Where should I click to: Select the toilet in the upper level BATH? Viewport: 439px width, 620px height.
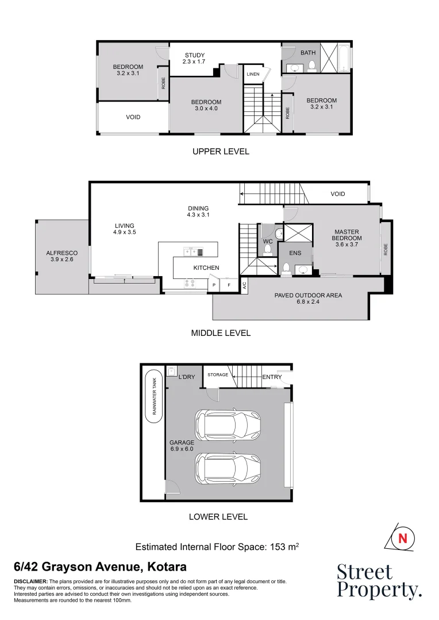[x=311, y=67]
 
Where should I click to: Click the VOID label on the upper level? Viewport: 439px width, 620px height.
[x=133, y=117]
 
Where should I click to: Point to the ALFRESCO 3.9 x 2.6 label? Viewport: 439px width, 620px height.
[x=61, y=256]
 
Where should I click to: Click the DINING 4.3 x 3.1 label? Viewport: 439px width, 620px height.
[x=198, y=211]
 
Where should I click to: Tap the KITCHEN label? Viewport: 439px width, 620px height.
[x=206, y=268]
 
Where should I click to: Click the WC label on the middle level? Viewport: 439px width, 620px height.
[x=268, y=242]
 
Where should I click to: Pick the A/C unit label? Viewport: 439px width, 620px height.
[x=244, y=284]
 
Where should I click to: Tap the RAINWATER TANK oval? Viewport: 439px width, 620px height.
[x=154, y=397]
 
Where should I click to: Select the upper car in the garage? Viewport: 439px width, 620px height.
[x=228, y=424]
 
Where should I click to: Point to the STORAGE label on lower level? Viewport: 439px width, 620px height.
[x=218, y=375]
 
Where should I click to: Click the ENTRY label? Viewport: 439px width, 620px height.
[x=272, y=377]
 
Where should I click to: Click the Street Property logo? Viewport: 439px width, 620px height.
[x=378, y=581]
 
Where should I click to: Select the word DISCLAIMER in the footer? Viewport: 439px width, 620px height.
[x=30, y=582]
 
